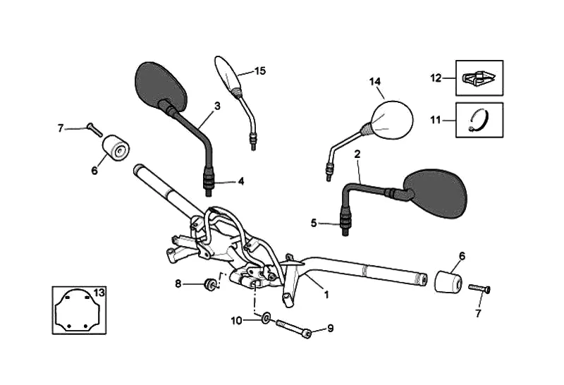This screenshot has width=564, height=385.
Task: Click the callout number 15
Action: pos(260,71)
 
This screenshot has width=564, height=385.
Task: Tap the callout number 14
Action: pos(375,82)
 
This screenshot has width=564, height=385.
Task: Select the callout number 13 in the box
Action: pos(99,292)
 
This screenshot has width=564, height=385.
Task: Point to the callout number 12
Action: pos(436,78)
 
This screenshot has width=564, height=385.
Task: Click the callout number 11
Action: pos(436,121)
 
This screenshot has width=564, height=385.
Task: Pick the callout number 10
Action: pos(236,321)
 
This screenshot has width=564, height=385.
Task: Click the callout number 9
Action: pos(330,329)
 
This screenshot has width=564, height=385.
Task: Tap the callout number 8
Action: pos(178,283)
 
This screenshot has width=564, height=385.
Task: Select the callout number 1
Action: pos(326,295)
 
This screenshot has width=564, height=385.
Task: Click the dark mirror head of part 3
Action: pos(160,83)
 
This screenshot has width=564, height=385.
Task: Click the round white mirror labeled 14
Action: pos(391,118)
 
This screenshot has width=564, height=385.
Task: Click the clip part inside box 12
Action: pos(479,78)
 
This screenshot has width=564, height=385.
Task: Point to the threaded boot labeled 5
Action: pos(345,224)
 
